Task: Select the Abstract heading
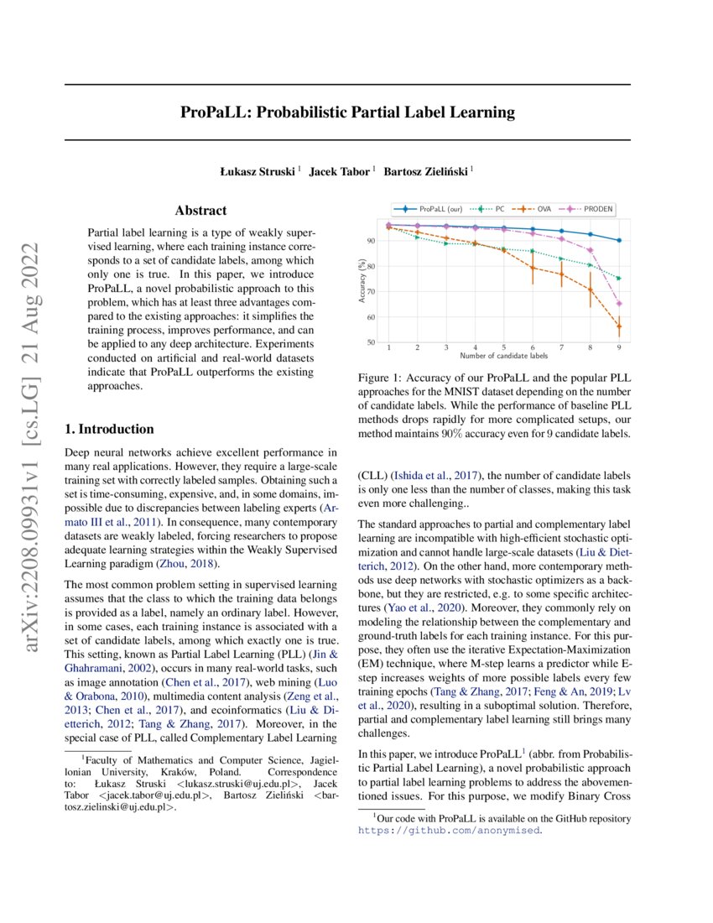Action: (200, 211)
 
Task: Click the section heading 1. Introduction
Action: (109, 430)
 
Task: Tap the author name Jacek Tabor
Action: (340, 172)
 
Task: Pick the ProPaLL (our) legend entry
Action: (436, 207)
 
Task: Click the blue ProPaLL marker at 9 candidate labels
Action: (619, 240)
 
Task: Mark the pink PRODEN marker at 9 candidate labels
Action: (619, 304)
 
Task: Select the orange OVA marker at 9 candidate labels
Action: (619, 326)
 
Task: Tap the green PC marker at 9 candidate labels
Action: (619, 279)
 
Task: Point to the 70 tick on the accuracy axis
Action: (370, 292)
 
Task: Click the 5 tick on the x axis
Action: (504, 347)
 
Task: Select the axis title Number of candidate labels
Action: (503, 356)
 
